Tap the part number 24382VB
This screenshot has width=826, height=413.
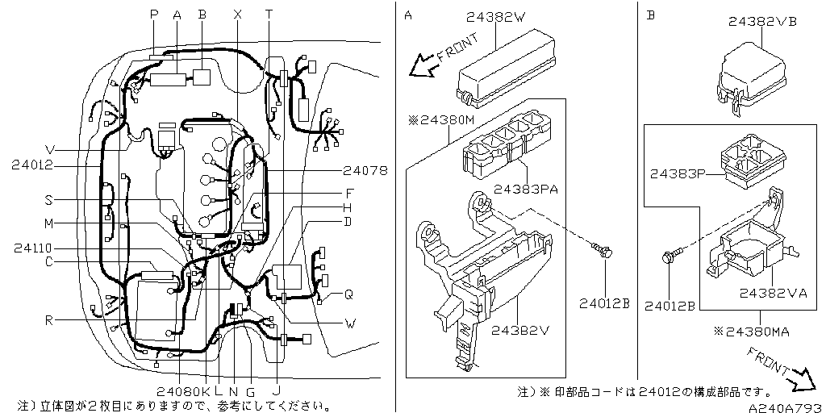pyautogui.click(x=761, y=22)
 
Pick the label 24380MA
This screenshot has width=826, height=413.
pyautogui.click(x=753, y=330)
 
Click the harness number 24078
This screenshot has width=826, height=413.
pyautogui.click(x=365, y=171)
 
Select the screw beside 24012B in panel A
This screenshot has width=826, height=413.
pyautogui.click(x=604, y=252)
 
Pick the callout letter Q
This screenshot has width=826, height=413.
pyautogui.click(x=348, y=294)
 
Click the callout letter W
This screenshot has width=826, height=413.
pyautogui.click(x=350, y=325)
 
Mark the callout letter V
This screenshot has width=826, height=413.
pyautogui.click(x=50, y=150)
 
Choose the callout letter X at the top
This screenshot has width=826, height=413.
pyautogui.click(x=237, y=14)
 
